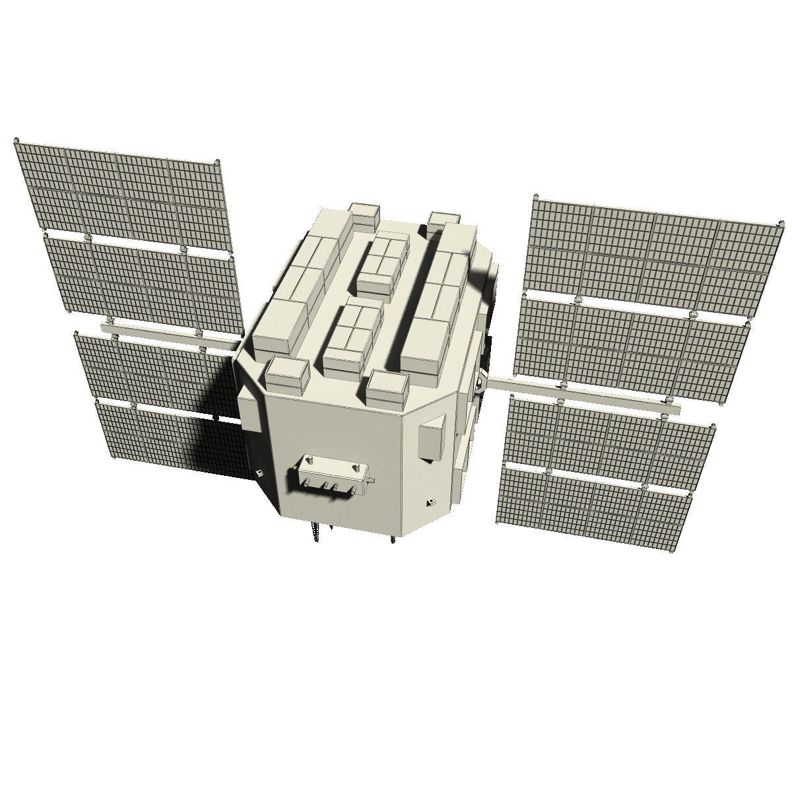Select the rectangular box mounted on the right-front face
[x=432, y=439]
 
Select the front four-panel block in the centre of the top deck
[x=353, y=336]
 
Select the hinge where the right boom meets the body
[x=480, y=382]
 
